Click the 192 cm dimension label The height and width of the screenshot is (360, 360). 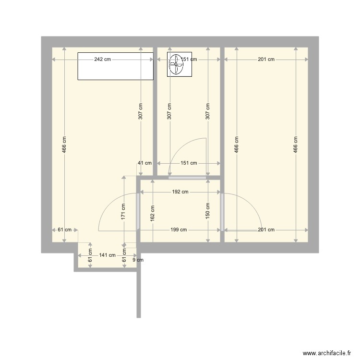[x=180, y=192]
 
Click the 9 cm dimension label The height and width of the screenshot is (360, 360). [x=138, y=261]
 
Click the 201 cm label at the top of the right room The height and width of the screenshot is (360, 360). [x=266, y=60]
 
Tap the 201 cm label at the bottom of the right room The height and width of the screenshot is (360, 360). [x=266, y=230]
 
